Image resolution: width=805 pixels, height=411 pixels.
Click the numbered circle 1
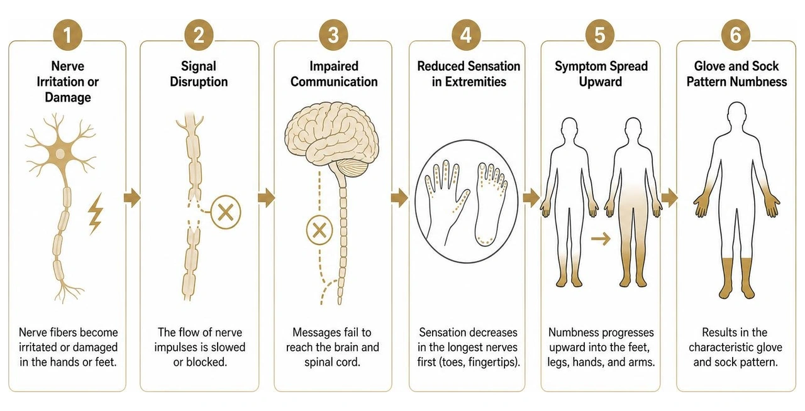point(67,35)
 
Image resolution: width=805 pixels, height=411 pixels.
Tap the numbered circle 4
point(466,35)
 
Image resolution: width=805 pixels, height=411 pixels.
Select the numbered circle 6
point(736,35)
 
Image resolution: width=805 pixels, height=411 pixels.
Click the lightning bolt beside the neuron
point(96,214)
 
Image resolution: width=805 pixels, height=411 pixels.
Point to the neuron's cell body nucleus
point(60,154)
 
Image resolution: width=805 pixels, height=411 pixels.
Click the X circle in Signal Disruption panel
point(226,212)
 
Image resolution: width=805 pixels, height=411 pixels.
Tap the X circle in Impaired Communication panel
point(319,230)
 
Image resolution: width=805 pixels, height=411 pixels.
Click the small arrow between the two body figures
point(601,238)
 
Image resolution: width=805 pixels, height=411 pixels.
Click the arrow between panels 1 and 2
point(132,197)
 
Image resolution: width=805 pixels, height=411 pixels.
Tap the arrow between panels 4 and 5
point(531,197)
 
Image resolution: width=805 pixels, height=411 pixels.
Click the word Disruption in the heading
point(199,82)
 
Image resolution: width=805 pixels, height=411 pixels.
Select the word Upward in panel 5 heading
point(601,82)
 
